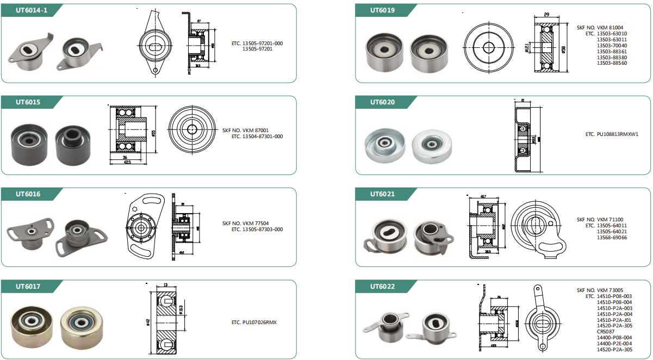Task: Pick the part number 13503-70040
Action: [x=612, y=45]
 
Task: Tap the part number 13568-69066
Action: [x=612, y=238]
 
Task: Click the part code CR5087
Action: [x=607, y=331]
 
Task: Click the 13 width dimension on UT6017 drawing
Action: [x=165, y=284]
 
